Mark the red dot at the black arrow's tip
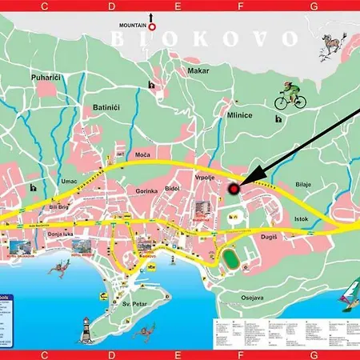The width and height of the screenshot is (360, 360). pyautogui.click(x=234, y=189)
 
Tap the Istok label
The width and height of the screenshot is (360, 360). pyautogui.click(x=301, y=218)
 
